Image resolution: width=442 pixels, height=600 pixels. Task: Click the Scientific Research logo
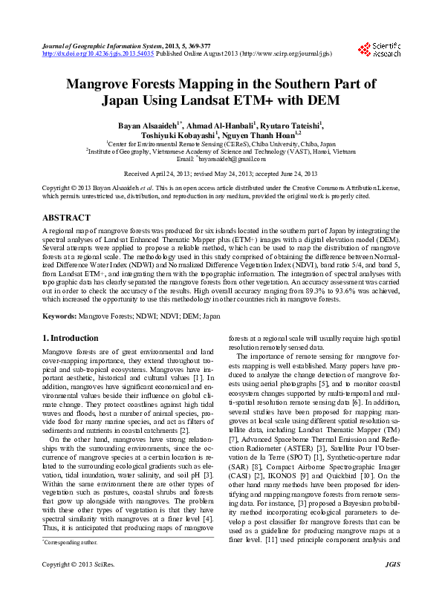385,50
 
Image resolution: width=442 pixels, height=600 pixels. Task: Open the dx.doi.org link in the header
97,54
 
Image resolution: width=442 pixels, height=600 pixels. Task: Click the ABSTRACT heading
66,218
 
